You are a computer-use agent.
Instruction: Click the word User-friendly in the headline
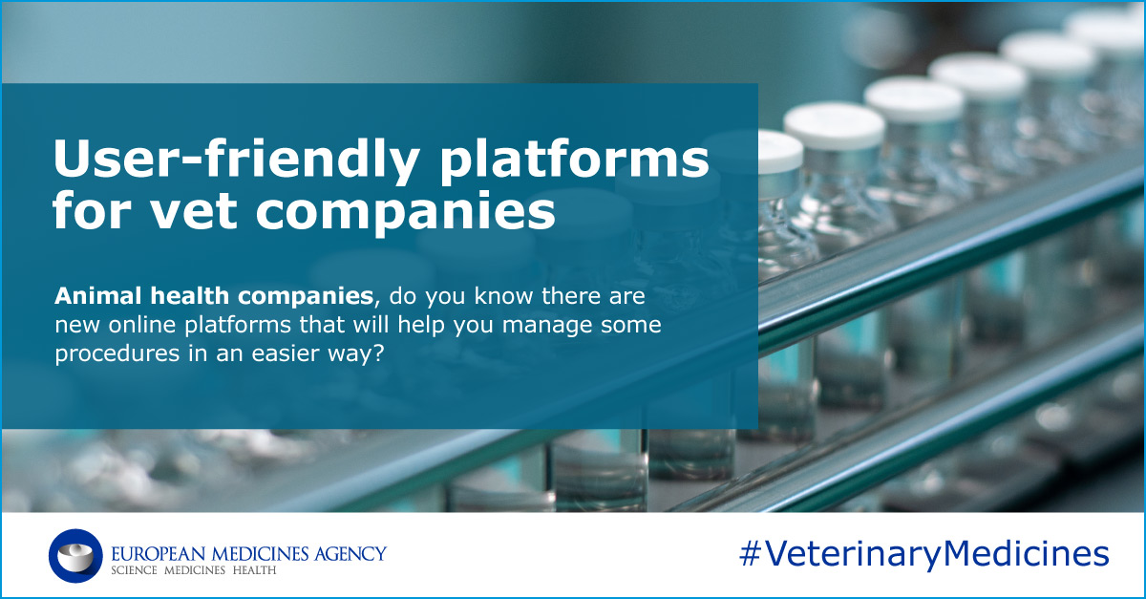pos(233,160)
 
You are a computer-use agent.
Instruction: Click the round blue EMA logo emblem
pos(75,556)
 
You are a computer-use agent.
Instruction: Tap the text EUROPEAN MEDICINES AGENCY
pos(248,552)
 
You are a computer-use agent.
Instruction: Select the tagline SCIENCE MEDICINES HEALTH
pos(194,570)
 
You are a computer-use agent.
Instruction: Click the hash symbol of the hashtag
pos(751,554)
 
